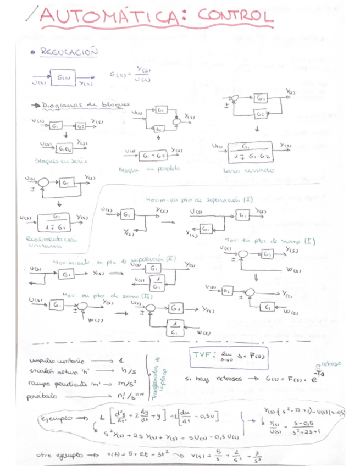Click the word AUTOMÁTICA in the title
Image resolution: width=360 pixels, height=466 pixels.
tap(110, 19)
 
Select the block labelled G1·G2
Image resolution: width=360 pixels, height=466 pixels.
tap(65, 149)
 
